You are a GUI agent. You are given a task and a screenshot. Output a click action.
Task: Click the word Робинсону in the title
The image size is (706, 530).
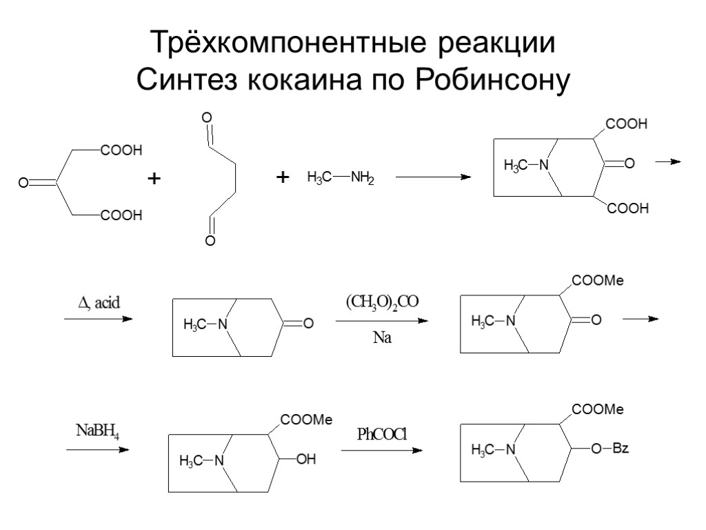(x=491, y=80)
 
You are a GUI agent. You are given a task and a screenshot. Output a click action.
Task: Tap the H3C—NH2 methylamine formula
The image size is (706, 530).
(x=340, y=178)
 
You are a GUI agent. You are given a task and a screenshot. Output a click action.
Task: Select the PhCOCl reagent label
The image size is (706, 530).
(x=382, y=434)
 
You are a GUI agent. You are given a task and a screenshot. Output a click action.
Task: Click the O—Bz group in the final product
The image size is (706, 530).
(x=610, y=449)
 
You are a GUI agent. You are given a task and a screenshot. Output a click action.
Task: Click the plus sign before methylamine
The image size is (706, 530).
(x=281, y=179)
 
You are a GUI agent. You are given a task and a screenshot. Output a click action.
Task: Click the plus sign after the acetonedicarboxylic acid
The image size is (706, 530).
(x=154, y=179)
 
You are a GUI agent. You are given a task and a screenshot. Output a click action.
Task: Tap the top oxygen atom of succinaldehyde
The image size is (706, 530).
(x=205, y=117)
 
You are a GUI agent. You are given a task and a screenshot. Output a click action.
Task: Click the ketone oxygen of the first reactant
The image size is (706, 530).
(x=23, y=183)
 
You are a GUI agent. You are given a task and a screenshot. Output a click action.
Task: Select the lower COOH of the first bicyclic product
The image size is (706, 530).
(x=627, y=208)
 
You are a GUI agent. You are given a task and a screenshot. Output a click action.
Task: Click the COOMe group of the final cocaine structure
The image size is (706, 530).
(x=596, y=410)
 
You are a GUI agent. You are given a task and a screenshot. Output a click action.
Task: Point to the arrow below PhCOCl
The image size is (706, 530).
(x=381, y=450)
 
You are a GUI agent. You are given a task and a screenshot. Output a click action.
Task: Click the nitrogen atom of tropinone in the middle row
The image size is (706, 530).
(x=221, y=323)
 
